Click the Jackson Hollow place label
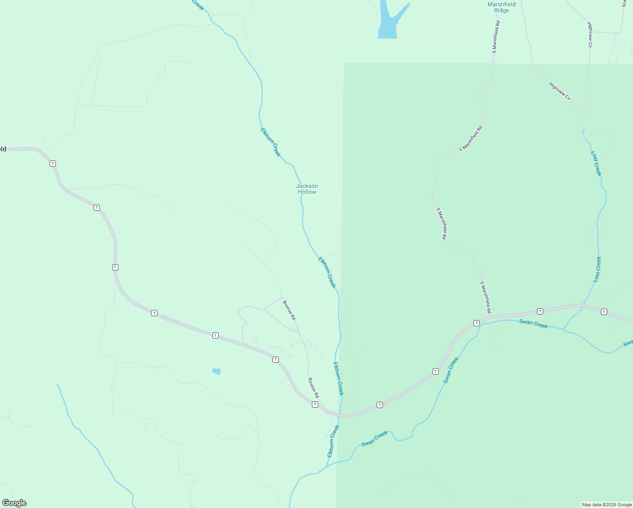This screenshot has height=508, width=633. [x=307, y=189]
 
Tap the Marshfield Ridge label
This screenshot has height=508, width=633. [x=501, y=7]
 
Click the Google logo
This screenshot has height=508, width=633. [x=14, y=503]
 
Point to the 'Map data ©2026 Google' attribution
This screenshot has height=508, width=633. [x=607, y=505]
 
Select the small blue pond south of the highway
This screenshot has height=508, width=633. [x=217, y=372]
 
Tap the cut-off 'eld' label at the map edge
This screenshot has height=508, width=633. [x=3, y=149]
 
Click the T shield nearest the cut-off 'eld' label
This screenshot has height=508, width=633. [x=52, y=163]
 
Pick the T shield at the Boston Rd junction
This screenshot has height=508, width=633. [x=315, y=405]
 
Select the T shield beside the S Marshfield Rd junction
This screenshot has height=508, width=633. [x=476, y=323]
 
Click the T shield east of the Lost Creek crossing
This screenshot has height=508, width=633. [x=604, y=312]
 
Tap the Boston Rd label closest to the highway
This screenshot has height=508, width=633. [x=314, y=388]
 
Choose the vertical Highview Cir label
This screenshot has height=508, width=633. [x=590, y=35]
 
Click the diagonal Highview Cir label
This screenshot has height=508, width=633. [x=560, y=91]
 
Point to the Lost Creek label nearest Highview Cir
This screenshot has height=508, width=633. [x=596, y=163]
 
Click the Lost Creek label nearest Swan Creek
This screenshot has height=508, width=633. [x=597, y=269]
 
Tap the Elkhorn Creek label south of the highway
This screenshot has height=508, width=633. [x=333, y=441]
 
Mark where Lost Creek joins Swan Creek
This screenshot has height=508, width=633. [x=564, y=329]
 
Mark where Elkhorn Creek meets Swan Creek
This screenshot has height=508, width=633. [x=327, y=466]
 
